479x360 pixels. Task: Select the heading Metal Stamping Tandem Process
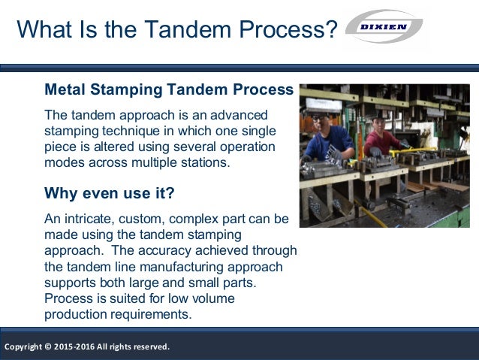169,89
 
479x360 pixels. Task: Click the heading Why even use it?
110,193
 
